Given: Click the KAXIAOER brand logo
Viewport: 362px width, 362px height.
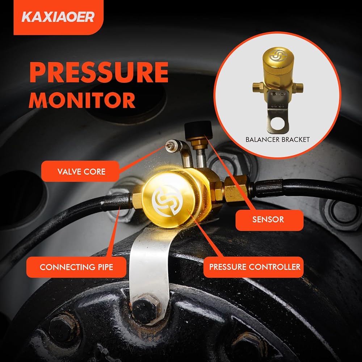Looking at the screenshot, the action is (x=58, y=17).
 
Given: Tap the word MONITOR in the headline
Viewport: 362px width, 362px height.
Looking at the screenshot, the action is (x=82, y=100).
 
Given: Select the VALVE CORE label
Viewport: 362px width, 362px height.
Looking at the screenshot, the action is (x=81, y=172).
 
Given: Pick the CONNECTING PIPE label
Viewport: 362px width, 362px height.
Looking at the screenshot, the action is (x=76, y=267).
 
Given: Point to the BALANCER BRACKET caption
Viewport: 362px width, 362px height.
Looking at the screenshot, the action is (x=278, y=139).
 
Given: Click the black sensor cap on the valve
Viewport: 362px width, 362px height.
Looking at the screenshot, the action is (x=198, y=130).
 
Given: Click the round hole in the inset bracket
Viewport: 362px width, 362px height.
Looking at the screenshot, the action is (x=280, y=123).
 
